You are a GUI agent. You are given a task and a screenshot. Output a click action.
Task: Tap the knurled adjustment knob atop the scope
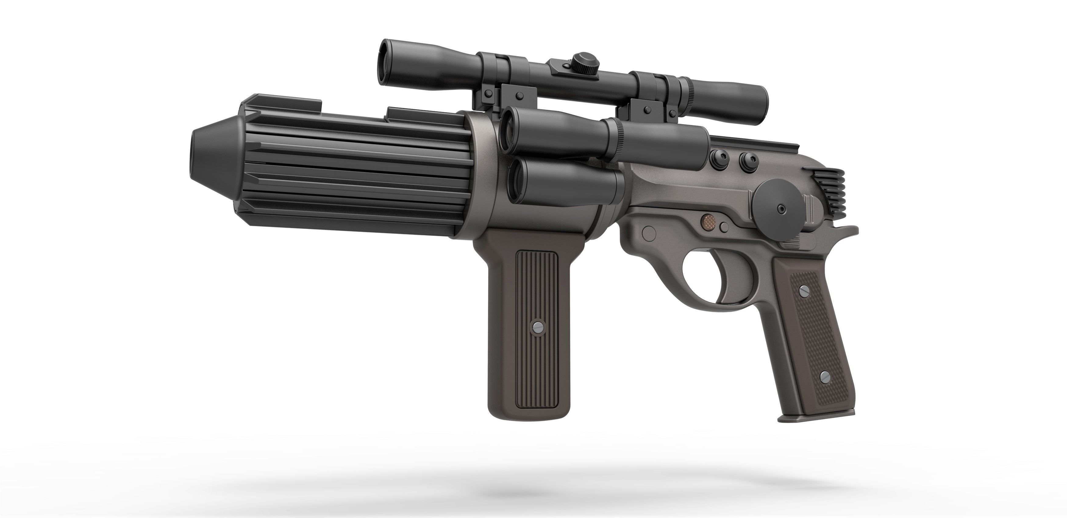(x=584, y=62)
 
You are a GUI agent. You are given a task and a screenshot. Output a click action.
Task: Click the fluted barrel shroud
(x=352, y=174)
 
